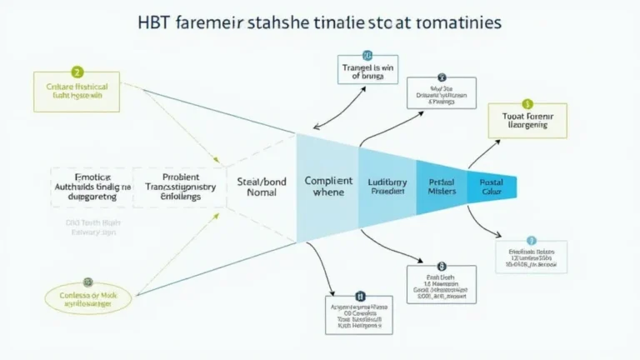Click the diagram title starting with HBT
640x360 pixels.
(320, 22)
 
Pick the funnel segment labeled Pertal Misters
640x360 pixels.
(442, 187)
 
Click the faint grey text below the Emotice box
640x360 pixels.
(92, 229)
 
